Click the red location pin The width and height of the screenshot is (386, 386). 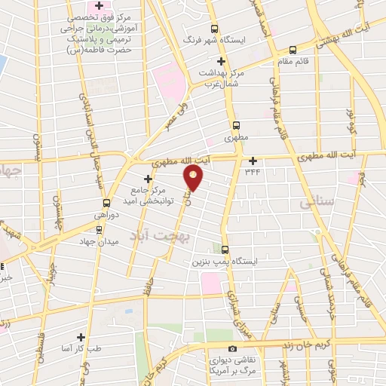[194, 178]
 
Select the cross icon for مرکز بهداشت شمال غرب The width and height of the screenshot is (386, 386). [221, 61]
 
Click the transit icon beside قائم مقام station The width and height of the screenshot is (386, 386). [292, 50]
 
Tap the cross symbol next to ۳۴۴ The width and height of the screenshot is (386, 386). [253, 160]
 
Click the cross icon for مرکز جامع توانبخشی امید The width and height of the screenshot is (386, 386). [148, 179]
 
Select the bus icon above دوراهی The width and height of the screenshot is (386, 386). [106, 202]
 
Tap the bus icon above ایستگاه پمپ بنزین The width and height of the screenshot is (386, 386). [225, 250]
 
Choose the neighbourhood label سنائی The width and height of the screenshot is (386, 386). [314, 204]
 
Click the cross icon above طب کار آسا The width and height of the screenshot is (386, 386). [81, 337]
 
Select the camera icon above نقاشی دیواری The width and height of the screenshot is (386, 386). [232, 348]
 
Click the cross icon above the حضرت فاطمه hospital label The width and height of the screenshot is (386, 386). [111, 7]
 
